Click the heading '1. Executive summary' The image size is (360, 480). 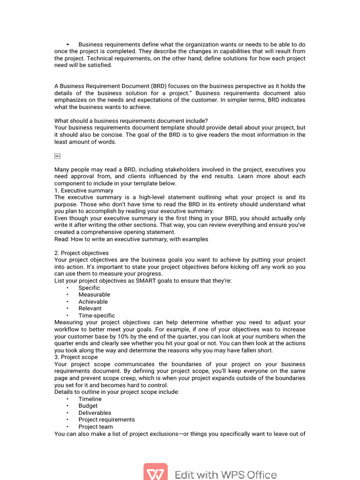[x=84, y=190]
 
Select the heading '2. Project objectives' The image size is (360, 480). [x=82, y=253]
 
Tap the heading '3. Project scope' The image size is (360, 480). [x=76, y=357]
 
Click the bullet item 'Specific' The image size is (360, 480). [x=89, y=288]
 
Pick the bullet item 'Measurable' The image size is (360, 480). [x=94, y=295]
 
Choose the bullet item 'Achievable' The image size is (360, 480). [x=93, y=301]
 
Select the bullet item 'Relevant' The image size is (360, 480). [x=90, y=308]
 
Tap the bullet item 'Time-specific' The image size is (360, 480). [x=97, y=315]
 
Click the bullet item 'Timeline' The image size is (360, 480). [x=90, y=399]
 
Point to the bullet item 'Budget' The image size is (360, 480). [x=88, y=406]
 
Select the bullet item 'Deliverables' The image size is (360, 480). [x=95, y=413]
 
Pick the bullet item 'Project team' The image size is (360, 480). [x=96, y=427]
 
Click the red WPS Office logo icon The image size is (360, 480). [x=155, y=472]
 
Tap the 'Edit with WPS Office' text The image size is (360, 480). [x=225, y=474]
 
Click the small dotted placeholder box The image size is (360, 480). [x=58, y=156]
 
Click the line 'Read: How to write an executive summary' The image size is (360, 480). [x=131, y=239]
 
